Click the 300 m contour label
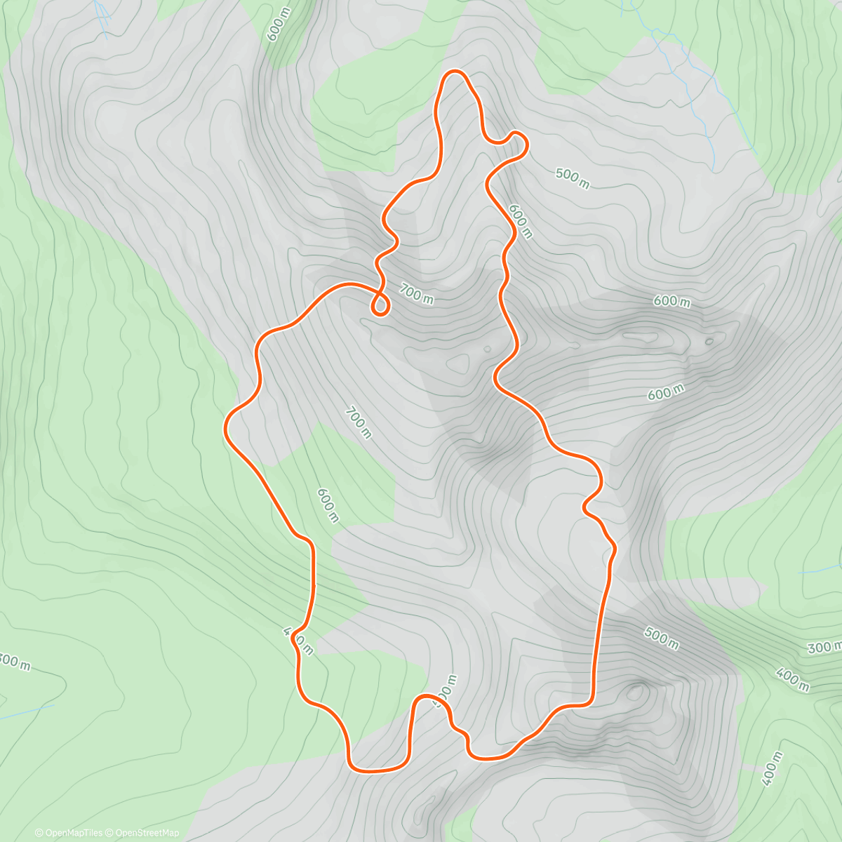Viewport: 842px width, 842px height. (825, 647)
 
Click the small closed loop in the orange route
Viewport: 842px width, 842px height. (380, 305)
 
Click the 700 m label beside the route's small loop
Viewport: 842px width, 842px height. (416, 294)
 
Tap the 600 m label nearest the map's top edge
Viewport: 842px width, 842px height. (276, 26)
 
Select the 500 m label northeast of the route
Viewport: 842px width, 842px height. (573, 178)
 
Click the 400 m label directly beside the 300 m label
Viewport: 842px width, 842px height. (792, 679)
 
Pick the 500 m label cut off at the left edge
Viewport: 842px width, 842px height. (14, 661)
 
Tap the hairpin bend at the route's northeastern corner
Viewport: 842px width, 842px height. (519, 140)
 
